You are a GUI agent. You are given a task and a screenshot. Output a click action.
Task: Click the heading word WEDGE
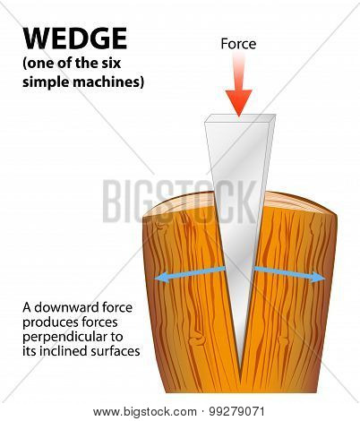click(x=75, y=39)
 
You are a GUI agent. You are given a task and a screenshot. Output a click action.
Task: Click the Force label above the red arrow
click(x=238, y=44)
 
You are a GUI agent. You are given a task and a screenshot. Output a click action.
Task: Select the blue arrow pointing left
click(x=190, y=274)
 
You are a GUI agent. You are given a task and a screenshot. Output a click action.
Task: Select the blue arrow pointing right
click(x=289, y=274)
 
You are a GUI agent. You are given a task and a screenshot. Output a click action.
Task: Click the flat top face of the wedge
click(x=240, y=118)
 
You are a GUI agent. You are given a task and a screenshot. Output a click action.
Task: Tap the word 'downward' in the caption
click(x=67, y=307)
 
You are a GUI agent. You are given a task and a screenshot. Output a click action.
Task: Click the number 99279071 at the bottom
click(x=236, y=412)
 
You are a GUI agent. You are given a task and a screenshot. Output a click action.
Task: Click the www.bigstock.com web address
click(x=145, y=412)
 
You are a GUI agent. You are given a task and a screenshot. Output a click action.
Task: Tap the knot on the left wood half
click(x=198, y=339)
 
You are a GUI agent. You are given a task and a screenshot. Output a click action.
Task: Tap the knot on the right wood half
click(x=283, y=340)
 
